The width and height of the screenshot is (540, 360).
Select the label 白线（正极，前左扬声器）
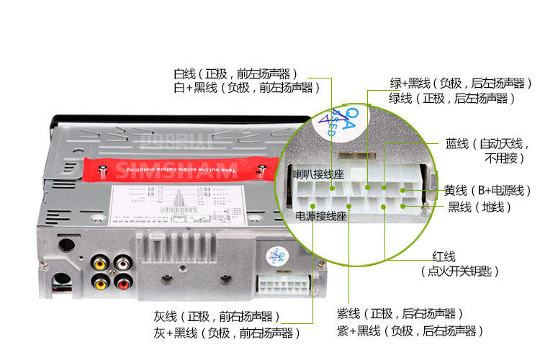(235, 73)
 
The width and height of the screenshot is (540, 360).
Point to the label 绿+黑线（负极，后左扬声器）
(456, 83)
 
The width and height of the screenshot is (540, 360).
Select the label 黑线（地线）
(479, 207)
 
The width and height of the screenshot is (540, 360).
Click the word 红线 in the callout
(444, 256)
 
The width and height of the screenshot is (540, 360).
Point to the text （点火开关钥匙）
(459, 271)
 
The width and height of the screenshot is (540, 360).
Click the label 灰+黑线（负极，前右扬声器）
(226, 333)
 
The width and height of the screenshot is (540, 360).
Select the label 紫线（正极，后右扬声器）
(399, 315)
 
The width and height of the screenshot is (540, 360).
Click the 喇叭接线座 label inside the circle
(318, 174)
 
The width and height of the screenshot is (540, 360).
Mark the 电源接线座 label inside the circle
(321, 215)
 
